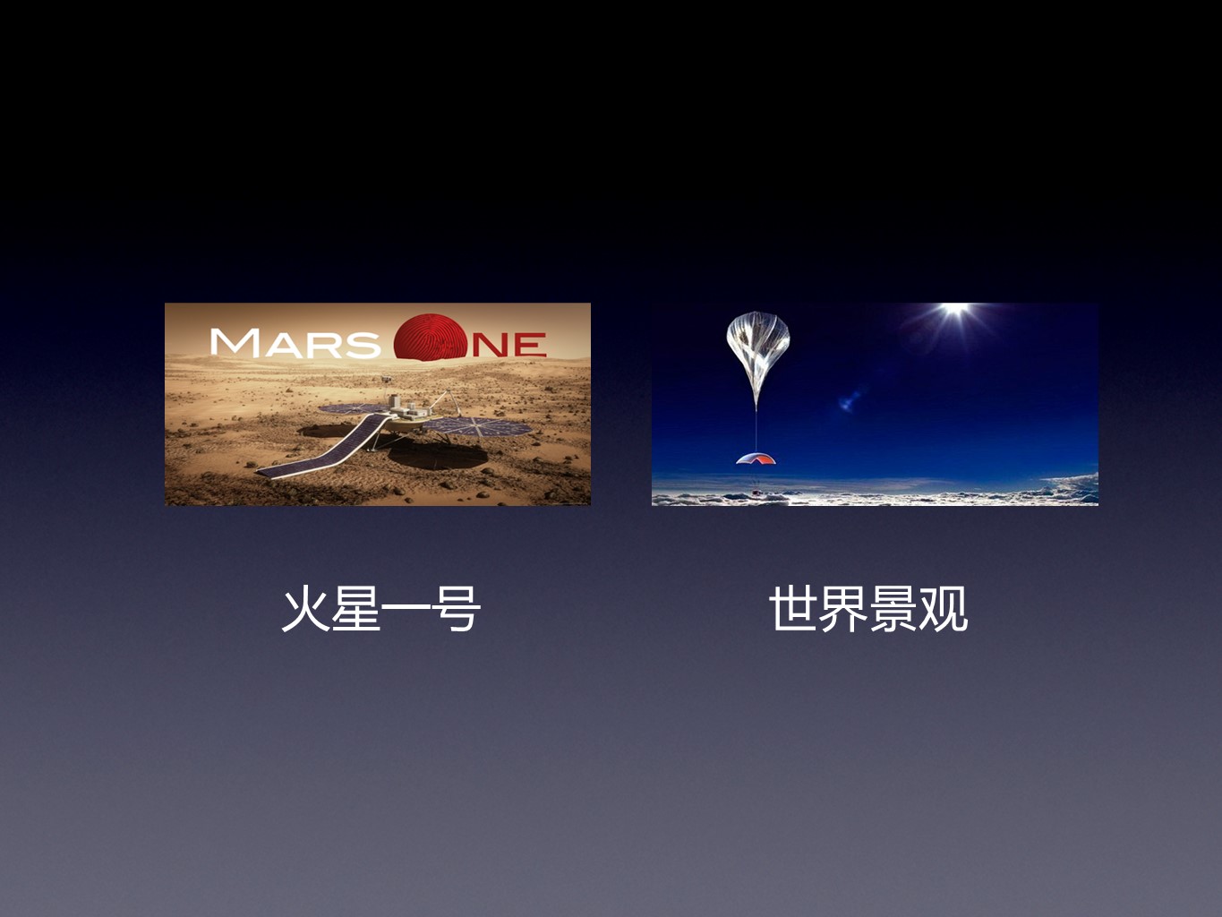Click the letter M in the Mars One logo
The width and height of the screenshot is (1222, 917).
coord(235,342)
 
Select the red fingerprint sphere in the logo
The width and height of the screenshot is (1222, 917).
coord(429,338)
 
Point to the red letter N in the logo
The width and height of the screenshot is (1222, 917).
coord(490,345)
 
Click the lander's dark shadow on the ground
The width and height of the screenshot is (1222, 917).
coord(437,456)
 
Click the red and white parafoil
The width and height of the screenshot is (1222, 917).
coord(756,458)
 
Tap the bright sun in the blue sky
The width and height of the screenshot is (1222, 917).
coord(955,308)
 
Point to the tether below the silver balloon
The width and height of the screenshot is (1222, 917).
coord(756,431)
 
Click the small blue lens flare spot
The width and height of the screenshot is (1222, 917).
coord(850,399)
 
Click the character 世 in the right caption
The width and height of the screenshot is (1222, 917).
coord(793,609)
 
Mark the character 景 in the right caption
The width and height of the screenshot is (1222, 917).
coord(893,609)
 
